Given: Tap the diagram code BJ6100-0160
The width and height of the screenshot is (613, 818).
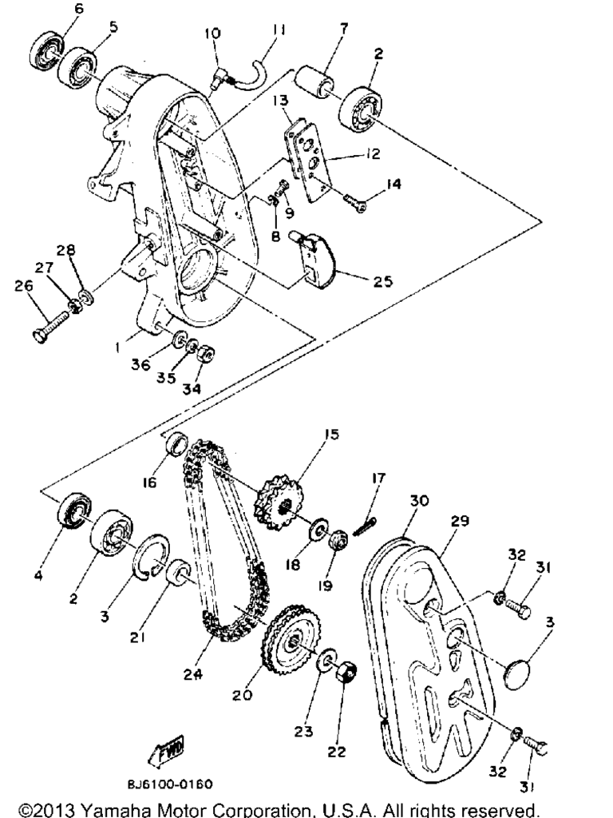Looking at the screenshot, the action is (x=170, y=784).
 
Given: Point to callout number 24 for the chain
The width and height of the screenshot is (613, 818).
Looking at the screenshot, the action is (x=192, y=674).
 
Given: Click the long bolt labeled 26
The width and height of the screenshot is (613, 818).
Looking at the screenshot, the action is (x=50, y=325).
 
